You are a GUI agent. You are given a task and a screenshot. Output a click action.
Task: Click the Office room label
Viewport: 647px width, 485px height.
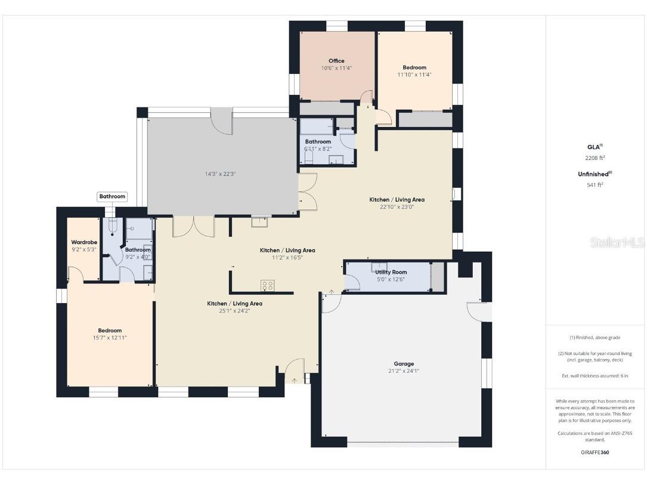(336, 61)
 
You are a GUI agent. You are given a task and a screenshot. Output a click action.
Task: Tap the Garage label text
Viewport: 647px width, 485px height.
(404, 363)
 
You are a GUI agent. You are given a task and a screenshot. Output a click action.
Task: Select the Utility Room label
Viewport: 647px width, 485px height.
(391, 272)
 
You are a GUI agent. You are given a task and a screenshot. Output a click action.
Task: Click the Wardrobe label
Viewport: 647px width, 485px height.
(84, 242)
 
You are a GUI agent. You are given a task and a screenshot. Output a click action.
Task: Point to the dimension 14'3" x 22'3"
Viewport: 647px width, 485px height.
(222, 174)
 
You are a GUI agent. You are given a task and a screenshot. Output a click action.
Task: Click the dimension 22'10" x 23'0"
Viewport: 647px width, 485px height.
(397, 207)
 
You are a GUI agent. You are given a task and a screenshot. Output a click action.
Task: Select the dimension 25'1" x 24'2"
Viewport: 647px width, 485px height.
(234, 311)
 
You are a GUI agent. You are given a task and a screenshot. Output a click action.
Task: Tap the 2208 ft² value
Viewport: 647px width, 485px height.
(595, 158)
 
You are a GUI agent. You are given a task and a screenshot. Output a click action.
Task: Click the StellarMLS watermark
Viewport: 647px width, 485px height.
(617, 243)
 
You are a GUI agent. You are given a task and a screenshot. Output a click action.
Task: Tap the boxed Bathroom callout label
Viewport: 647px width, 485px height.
(112, 196)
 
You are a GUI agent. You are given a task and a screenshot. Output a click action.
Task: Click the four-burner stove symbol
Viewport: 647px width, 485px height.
(267, 285)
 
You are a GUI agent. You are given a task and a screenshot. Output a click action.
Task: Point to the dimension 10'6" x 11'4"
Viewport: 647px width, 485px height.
(336, 68)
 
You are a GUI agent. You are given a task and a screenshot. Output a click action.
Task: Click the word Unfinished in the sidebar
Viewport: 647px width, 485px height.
(593, 174)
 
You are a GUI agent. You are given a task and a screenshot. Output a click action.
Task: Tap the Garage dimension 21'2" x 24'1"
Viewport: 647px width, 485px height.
(404, 370)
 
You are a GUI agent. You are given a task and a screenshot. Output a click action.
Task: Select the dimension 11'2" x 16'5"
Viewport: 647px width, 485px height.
(287, 258)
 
